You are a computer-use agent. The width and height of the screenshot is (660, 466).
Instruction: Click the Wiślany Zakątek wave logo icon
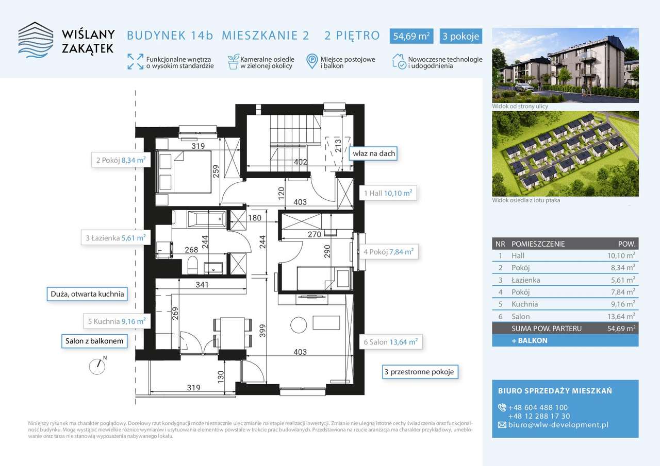click(x=36, y=40)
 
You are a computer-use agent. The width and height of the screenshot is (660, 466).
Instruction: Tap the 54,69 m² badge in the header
click(x=411, y=36)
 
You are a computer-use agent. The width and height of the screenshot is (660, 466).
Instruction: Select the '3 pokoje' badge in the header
click(x=461, y=36)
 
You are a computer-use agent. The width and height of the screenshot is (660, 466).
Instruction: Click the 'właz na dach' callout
click(x=374, y=153)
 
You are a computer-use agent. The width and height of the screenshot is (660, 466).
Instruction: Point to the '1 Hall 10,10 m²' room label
click(x=388, y=193)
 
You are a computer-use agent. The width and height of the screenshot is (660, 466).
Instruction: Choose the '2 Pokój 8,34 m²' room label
click(x=121, y=160)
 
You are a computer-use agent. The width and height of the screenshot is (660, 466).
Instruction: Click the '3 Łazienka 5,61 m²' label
click(x=116, y=238)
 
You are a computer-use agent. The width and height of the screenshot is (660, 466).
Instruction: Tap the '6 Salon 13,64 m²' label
click(x=391, y=342)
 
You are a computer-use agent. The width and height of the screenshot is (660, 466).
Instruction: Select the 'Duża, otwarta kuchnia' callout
click(x=87, y=294)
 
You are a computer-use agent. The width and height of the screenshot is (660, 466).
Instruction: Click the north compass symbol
click(x=97, y=366)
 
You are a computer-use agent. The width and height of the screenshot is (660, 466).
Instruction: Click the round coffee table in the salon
click(x=299, y=325)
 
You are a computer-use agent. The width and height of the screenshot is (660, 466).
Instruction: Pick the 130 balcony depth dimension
click(x=220, y=376)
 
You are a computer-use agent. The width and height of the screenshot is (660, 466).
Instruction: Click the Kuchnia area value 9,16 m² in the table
click(x=622, y=304)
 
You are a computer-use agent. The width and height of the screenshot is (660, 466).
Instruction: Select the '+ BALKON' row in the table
click(x=565, y=340)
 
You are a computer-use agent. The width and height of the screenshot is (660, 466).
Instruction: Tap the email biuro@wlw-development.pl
click(x=558, y=425)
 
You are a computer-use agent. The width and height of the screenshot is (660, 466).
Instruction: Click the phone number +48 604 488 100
click(x=538, y=407)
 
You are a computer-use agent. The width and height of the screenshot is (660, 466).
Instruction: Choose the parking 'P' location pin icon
click(x=312, y=61)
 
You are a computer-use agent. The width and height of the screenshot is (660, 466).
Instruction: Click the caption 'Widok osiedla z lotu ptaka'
click(x=526, y=200)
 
